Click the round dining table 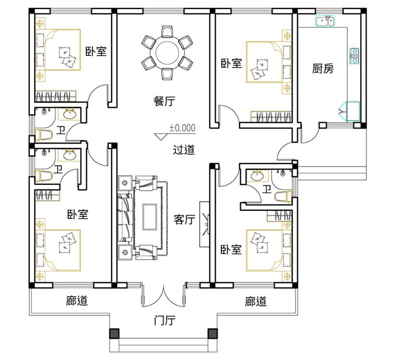coord(167,53)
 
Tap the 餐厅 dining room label coord(165,101)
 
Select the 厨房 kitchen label coord(323,68)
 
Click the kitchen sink coord(325,21)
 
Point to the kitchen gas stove coord(354,56)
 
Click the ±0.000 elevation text coord(182,128)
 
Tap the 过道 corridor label coord(184,150)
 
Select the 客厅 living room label coord(184,219)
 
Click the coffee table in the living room coord(150,217)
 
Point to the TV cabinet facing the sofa coord(204,224)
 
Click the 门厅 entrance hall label coord(165,320)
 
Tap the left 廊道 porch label coord(77,301)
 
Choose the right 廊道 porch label coord(255,301)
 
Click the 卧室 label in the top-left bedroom coord(96,51)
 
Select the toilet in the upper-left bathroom coord(44,135)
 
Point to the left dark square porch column coord(114,333)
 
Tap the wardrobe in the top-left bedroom coord(55,96)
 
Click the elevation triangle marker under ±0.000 coord(161,137)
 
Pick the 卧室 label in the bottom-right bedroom coord(231,250)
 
